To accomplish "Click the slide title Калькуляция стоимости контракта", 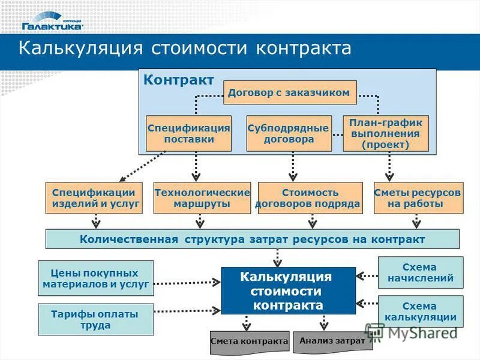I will click(185, 49).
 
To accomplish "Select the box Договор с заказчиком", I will click(290, 93).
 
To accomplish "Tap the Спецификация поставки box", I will click(189, 133).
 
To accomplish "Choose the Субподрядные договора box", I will click(289, 133).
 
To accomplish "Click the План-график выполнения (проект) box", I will click(386, 133).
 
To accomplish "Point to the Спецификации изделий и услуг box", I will click(94, 198).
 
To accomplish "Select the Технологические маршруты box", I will click(202, 198).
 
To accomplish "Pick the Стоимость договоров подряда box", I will click(310, 198).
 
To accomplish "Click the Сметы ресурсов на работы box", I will click(418, 198).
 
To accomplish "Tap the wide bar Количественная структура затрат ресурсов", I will click(253, 239).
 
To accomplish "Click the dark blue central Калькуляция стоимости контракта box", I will click(288, 291).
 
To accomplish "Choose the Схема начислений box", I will click(420, 272).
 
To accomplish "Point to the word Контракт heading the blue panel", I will click(179, 80).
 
